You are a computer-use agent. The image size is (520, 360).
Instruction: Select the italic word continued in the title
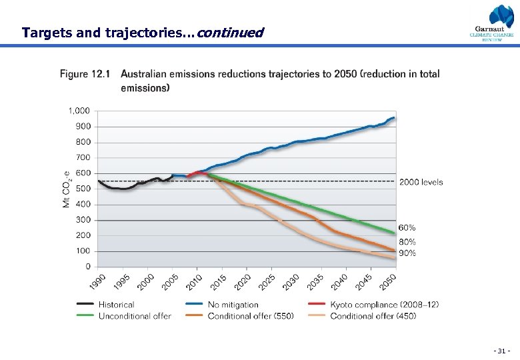[231, 33]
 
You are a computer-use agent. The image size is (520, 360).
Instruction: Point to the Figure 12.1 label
[85, 74]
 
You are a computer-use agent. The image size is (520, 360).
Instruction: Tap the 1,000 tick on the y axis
[79, 111]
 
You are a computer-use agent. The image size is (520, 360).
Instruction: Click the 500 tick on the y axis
[83, 189]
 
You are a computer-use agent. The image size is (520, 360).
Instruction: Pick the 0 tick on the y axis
[88, 267]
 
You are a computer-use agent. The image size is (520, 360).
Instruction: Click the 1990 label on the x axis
[97, 282]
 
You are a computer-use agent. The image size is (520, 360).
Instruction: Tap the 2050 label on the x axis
[388, 282]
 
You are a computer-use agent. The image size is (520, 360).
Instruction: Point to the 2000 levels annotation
[421, 182]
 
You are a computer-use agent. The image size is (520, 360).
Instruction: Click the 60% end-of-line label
[407, 228]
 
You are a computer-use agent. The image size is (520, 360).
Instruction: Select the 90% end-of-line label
[407, 253]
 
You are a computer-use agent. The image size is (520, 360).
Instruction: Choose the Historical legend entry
[116, 305]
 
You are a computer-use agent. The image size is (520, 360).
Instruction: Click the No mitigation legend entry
[233, 305]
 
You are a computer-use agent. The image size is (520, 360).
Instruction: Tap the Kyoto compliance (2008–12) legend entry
[384, 305]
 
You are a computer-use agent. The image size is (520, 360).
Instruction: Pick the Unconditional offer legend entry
[135, 316]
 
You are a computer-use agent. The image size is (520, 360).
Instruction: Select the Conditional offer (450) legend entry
[373, 316]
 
